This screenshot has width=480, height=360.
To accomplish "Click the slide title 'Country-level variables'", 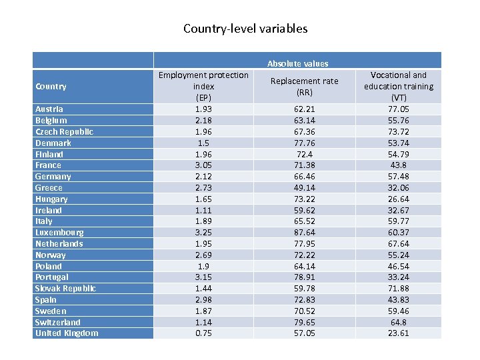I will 245,29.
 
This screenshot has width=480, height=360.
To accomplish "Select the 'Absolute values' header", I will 297,63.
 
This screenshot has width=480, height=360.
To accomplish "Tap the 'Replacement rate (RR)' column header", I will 304,87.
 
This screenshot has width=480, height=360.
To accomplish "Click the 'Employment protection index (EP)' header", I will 203,86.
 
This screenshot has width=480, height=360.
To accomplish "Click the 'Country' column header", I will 51,86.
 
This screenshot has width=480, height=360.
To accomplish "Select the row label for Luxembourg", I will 59,233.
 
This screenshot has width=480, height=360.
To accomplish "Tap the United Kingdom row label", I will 66,333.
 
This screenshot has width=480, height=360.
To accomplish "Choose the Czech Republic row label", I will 64,131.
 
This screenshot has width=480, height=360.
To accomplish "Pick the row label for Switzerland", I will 57,322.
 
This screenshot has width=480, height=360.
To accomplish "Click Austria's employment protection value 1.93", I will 203,109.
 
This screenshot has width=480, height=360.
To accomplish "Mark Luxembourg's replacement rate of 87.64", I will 304,233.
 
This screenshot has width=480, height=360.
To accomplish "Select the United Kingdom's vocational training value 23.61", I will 398,333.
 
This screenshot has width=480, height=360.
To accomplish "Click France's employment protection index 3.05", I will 203,165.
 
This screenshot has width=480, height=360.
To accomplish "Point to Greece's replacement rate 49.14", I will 304,187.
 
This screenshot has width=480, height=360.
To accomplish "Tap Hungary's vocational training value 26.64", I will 398,199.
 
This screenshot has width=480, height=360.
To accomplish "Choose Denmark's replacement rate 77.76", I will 304,143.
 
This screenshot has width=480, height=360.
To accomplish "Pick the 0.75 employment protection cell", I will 203,333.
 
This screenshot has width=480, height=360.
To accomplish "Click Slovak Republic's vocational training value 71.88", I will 398,288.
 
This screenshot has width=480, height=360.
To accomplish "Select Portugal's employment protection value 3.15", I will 203,277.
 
